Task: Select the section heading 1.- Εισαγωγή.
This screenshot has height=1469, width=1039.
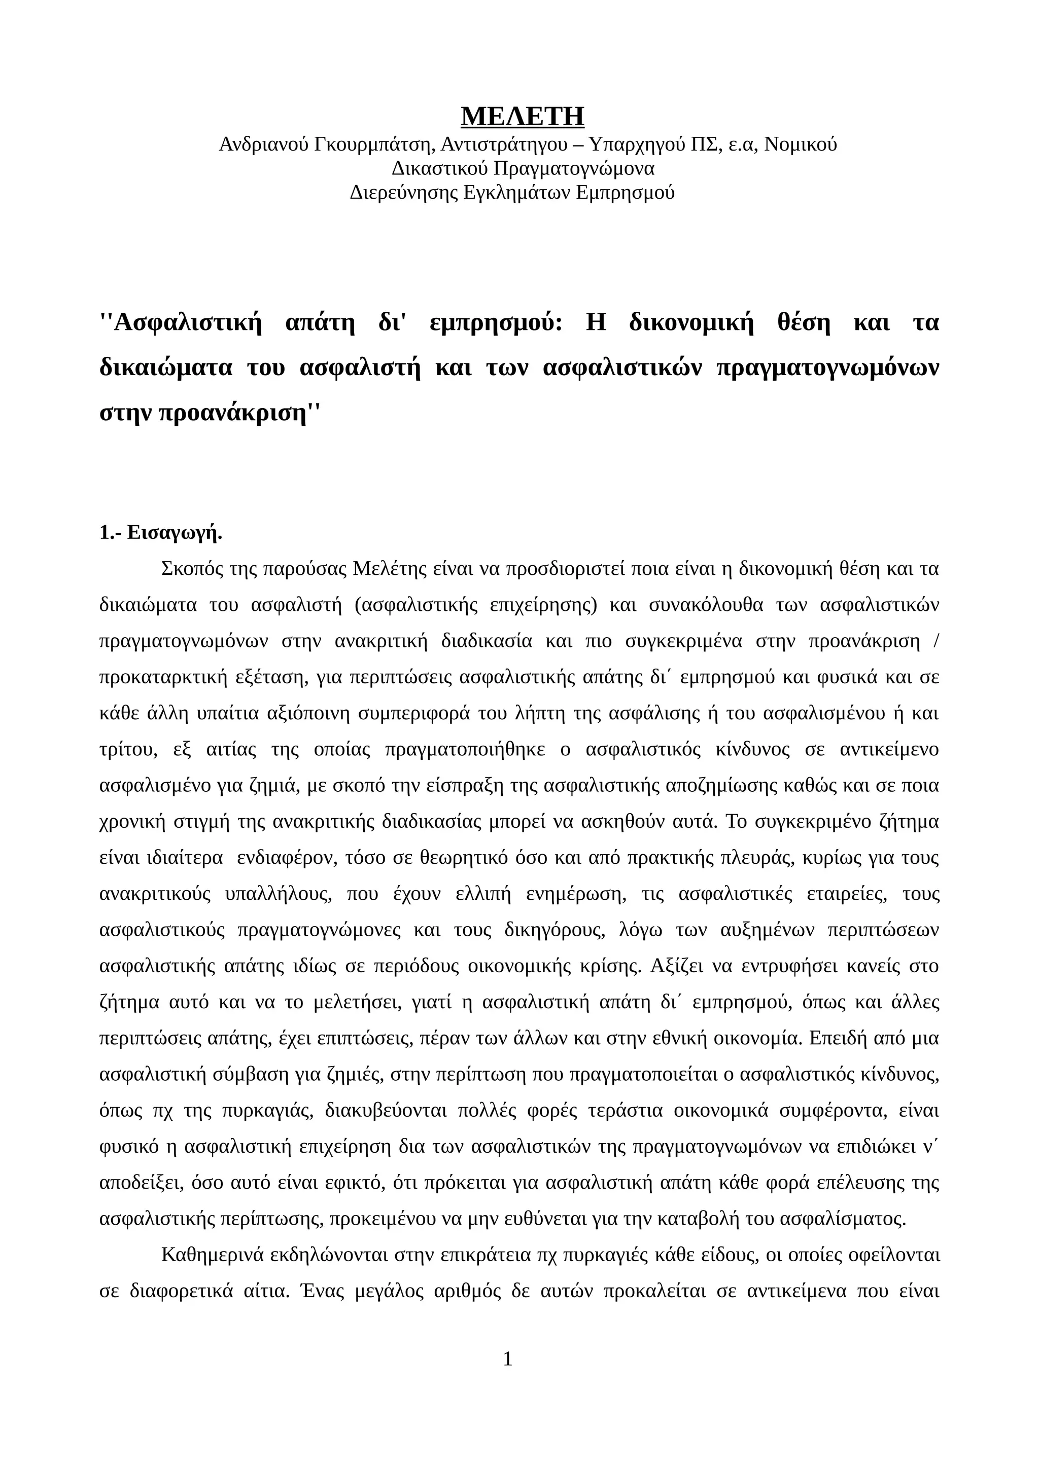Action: click(161, 532)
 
